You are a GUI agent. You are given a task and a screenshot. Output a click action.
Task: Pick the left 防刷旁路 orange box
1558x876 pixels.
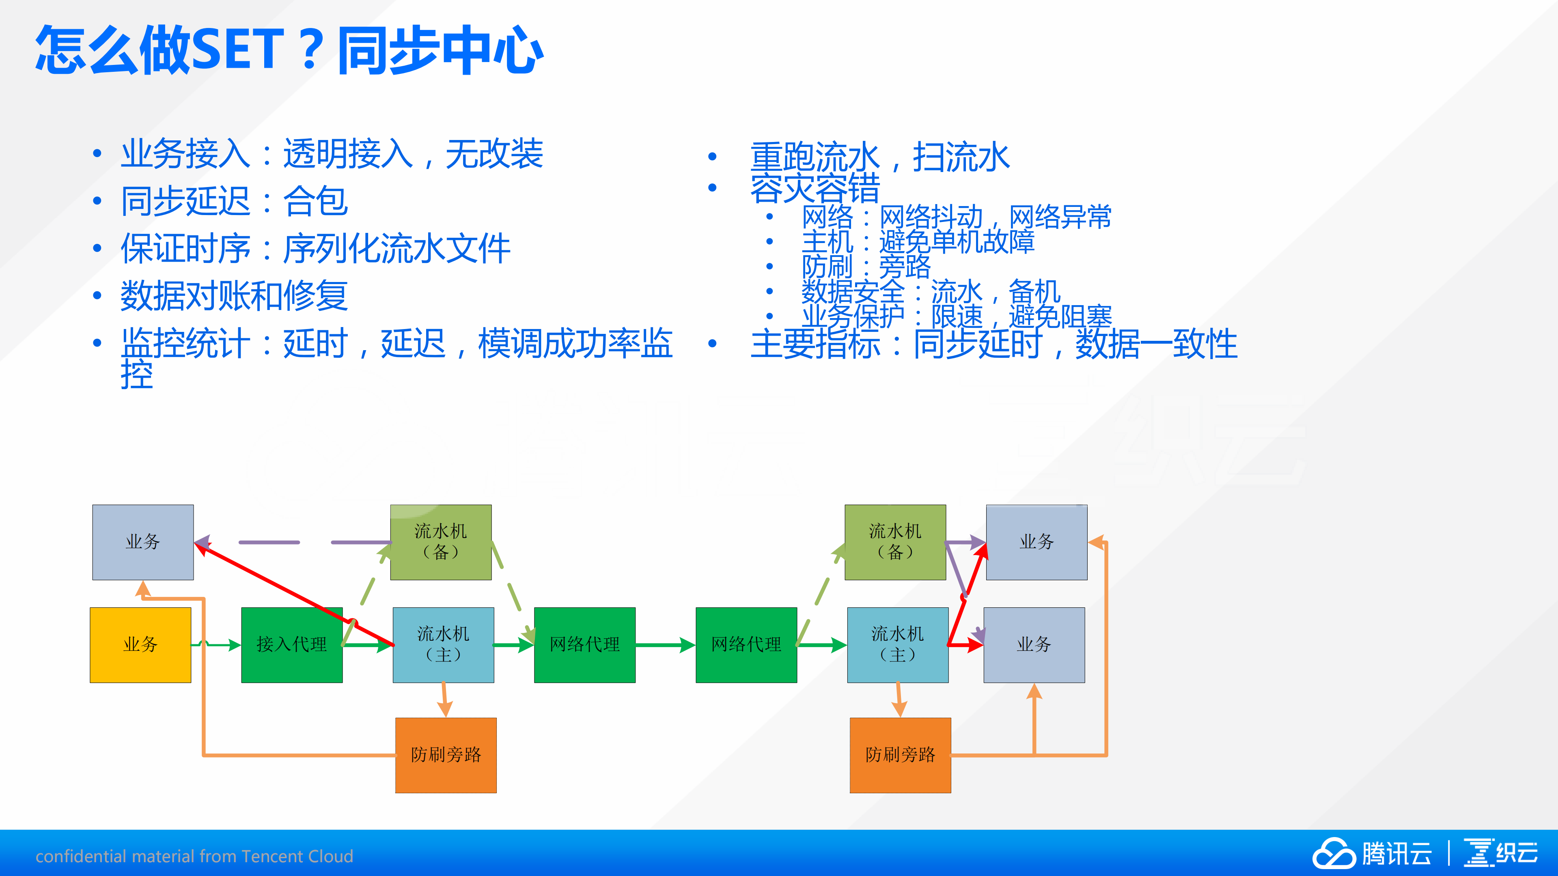pos(446,755)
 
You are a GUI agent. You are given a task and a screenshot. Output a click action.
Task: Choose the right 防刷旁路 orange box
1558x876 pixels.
pos(900,755)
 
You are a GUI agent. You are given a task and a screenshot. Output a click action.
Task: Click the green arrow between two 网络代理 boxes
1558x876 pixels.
pos(665,645)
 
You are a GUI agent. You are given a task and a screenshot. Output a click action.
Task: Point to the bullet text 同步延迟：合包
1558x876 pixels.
pos(234,201)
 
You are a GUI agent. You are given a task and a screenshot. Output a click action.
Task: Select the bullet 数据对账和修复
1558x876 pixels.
pos(234,296)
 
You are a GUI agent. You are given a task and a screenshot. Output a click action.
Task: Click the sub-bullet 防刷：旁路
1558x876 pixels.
pos(866,267)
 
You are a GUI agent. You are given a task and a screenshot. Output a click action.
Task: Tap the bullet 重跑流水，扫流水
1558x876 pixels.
pos(880,157)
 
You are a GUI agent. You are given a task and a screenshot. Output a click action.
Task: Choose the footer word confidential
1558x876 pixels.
pos(81,856)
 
